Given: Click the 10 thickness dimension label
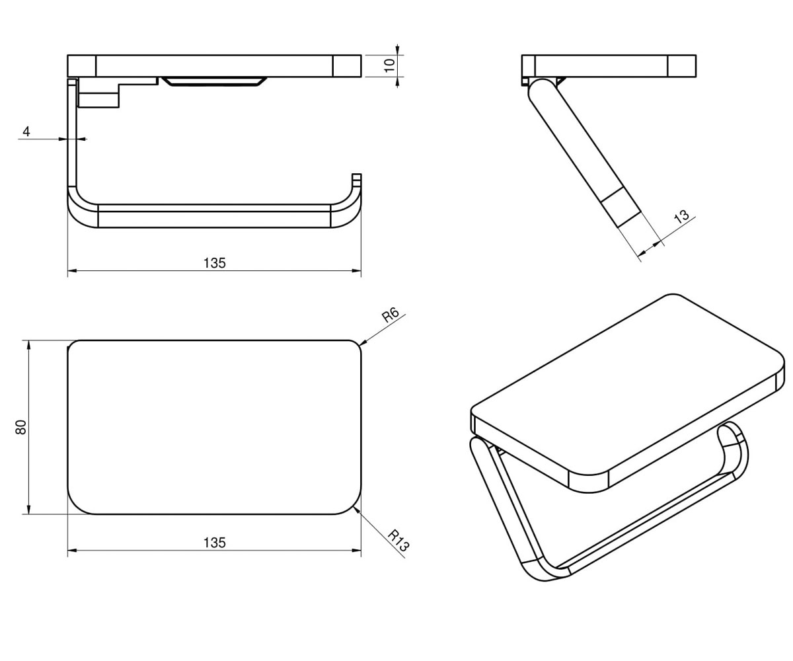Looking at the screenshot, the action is click(x=390, y=65).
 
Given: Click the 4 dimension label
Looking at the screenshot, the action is click(x=26, y=132).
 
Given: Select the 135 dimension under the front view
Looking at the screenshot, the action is click(x=215, y=263).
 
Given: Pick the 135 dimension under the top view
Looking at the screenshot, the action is click(x=215, y=543).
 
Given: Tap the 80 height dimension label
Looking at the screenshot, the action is click(x=21, y=427).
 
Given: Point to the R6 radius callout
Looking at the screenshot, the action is click(x=391, y=315).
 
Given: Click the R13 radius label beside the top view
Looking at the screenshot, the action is click(x=398, y=541).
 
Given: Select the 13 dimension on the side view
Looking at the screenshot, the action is click(x=681, y=216).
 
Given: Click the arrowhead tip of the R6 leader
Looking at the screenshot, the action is click(x=359, y=346).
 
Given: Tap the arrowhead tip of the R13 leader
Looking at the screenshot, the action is click(x=354, y=507).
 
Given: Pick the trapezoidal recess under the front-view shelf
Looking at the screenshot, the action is click(x=214, y=82).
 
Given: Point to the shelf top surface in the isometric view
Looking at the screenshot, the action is click(x=626, y=383).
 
